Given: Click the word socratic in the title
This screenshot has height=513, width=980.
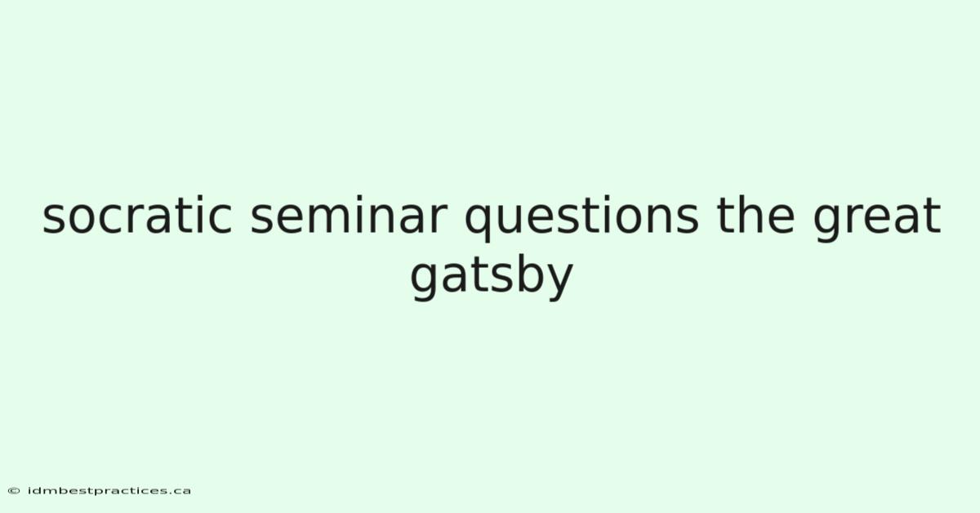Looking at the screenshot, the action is click(137, 215).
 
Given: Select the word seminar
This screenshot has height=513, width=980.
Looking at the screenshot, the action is click(349, 215).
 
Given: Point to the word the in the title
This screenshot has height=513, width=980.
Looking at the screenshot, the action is click(755, 215).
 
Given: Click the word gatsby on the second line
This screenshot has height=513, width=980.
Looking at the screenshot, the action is click(492, 278).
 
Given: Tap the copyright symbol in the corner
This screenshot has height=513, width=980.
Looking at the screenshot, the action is click(14, 491).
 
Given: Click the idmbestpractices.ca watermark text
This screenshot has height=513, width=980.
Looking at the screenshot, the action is click(109, 491).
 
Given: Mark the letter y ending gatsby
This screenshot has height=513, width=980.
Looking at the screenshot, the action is click(559, 283).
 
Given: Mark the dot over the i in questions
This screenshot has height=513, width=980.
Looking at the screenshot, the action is click(609, 199).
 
